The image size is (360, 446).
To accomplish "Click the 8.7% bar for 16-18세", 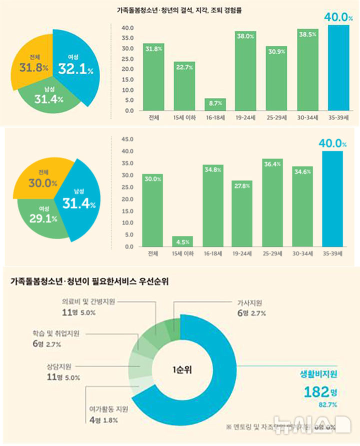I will coord(215,104).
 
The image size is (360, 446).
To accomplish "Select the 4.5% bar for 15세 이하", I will coord(183,241).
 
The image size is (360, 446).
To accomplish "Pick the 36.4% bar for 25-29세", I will coord(273,202).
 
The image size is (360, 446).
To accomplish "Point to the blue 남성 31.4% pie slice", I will coord(77,200).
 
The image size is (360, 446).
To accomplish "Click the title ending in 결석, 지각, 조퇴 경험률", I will coord(179,10).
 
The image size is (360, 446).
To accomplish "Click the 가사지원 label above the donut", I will coord(249,303).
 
